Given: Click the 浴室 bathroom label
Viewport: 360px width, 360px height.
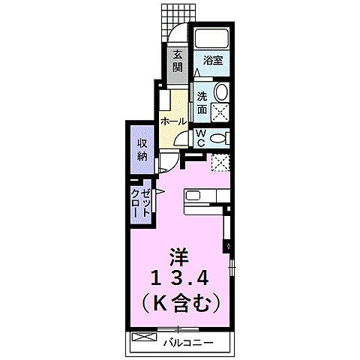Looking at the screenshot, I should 213,60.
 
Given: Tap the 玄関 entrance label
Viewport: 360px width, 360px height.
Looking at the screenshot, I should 178,60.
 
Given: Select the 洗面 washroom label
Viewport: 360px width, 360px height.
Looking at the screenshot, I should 202,103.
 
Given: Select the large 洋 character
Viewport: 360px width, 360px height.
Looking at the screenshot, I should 179,253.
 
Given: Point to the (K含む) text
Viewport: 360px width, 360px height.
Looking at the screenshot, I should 179,304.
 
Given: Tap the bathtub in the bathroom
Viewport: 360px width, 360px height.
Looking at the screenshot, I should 212,40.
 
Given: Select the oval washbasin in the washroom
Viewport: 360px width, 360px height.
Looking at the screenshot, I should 220,92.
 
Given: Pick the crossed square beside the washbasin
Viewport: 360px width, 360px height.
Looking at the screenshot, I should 220,112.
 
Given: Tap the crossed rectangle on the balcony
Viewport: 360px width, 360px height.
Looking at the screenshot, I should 142,338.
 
